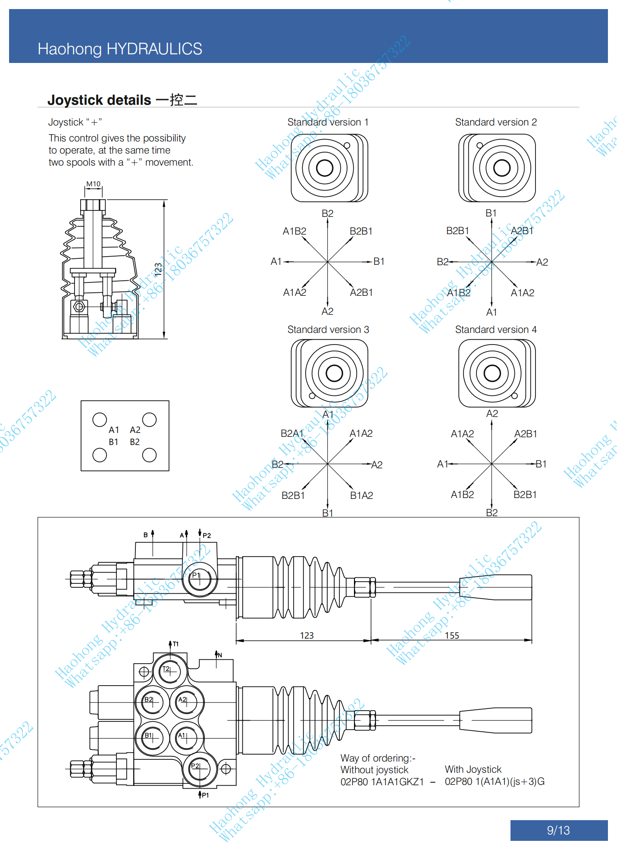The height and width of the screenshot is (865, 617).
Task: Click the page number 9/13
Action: point(558,830)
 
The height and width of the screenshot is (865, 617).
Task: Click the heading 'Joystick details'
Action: point(99,100)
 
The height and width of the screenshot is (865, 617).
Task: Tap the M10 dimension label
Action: point(93,184)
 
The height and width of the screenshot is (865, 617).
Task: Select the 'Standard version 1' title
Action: point(328,122)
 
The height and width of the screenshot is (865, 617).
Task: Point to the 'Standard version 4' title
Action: point(496,329)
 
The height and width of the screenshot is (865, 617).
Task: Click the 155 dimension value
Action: point(452,635)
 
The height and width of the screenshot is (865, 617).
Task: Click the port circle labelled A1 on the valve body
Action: point(187,737)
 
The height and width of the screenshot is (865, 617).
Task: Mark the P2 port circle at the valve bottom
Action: point(199,768)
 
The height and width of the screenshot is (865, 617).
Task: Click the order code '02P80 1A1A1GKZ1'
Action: point(382,782)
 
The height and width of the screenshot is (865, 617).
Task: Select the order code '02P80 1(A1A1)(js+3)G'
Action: point(495,781)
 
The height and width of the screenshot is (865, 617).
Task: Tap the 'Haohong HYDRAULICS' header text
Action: point(120,49)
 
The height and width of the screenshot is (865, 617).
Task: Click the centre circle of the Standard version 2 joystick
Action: point(501,168)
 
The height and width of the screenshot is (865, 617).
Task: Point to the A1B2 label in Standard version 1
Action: point(294,231)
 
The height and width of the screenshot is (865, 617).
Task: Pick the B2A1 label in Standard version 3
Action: point(292,433)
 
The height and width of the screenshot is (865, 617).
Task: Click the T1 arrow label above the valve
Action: point(175,644)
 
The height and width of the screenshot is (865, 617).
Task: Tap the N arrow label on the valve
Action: point(219,655)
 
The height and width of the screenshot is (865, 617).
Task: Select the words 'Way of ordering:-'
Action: point(378,758)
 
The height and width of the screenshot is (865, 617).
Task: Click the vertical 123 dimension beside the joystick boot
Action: point(158,269)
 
